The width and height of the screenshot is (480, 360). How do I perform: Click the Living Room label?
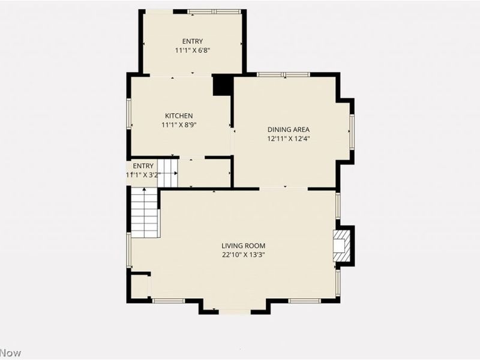[243, 245]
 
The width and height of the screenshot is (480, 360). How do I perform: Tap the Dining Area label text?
[288, 129]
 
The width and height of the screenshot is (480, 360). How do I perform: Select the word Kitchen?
[179, 116]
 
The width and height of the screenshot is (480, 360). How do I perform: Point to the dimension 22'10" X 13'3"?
[243, 254]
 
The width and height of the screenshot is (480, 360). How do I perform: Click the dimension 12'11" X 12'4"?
[288, 138]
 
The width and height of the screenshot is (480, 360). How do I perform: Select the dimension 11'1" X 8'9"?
[179, 125]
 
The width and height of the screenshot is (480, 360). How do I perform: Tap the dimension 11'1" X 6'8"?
[193, 50]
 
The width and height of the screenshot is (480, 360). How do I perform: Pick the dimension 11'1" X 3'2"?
[143, 175]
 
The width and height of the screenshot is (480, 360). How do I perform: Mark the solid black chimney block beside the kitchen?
[223, 85]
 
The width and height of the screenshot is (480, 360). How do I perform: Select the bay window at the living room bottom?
[235, 312]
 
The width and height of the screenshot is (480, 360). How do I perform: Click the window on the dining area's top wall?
[283, 74]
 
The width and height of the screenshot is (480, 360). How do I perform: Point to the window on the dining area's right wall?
[352, 131]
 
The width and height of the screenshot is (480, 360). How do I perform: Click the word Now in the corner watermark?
[10, 353]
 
